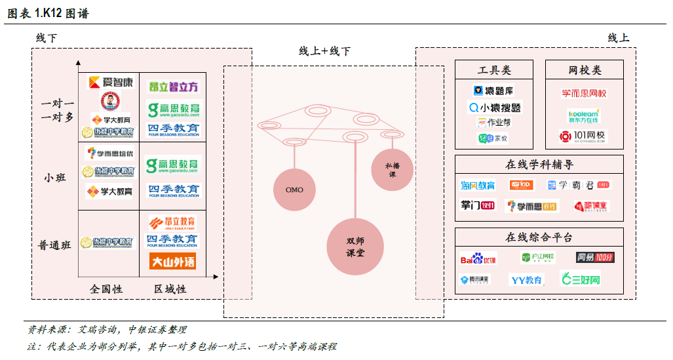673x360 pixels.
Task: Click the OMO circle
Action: (x=294, y=190)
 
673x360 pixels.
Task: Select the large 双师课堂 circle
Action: (x=355, y=247)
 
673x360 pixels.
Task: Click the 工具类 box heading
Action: (x=495, y=70)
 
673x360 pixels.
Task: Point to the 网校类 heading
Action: (x=585, y=70)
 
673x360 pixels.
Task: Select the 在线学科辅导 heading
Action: (x=539, y=165)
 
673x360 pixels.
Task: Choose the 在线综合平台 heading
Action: (x=539, y=237)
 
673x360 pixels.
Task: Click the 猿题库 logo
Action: (x=494, y=90)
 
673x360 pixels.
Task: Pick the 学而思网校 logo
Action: (x=585, y=93)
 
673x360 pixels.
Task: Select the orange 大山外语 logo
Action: (x=172, y=262)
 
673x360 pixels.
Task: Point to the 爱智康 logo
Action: (x=111, y=83)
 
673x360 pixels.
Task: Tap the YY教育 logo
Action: (x=526, y=280)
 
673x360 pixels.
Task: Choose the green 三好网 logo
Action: (x=581, y=279)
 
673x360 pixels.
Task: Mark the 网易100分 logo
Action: (x=594, y=257)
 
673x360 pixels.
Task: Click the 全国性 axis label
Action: (x=106, y=289)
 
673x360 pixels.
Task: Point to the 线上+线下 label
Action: (x=324, y=51)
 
